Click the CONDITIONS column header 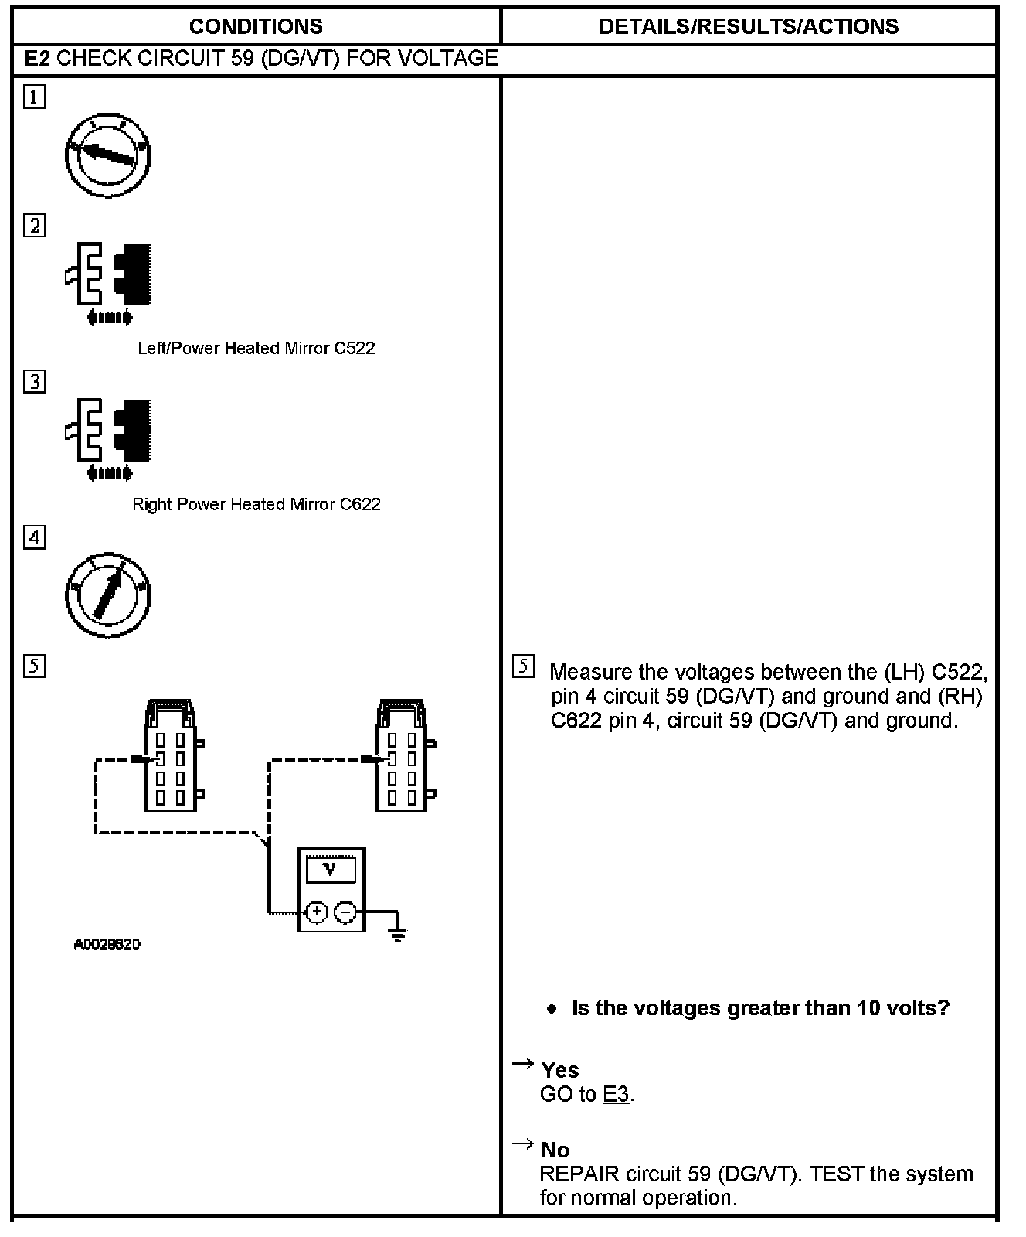tap(256, 26)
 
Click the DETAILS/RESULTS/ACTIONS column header tap(748, 26)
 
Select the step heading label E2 tap(38, 59)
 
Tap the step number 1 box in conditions tap(34, 97)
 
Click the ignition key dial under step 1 tap(107, 155)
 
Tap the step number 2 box tap(34, 226)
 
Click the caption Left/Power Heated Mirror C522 tap(256, 348)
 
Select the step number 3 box tap(34, 382)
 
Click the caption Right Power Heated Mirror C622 tap(256, 504)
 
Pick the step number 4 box tap(34, 537)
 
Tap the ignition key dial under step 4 tap(107, 594)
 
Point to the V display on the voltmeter tap(331, 869)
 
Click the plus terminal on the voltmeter tap(316, 912)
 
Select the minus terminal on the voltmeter tap(345, 912)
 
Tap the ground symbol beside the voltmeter tap(398, 933)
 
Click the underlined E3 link tap(616, 1094)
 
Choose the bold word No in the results tap(555, 1150)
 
